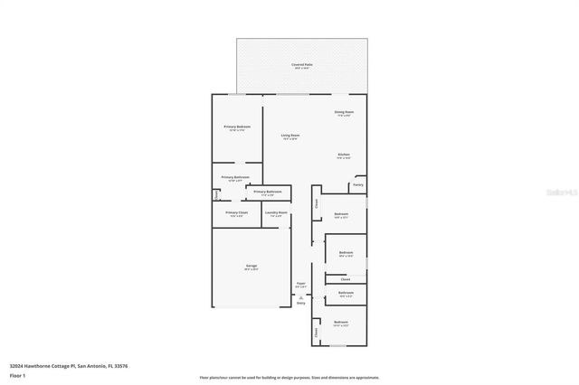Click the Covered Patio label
(302, 65)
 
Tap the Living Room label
(289, 136)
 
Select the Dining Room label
(344, 112)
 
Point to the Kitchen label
(344, 155)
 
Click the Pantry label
(358, 184)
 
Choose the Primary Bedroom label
(237, 127)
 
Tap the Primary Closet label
(236, 212)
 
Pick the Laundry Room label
(276, 212)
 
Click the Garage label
(251, 266)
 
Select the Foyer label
(300, 283)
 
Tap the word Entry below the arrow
(301, 303)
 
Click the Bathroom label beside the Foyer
(346, 293)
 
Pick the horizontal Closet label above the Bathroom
(346, 279)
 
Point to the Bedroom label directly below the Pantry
(341, 213)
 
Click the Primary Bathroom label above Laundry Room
(268, 192)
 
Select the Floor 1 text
(17, 374)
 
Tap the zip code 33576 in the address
(119, 366)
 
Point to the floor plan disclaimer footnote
(289, 378)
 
